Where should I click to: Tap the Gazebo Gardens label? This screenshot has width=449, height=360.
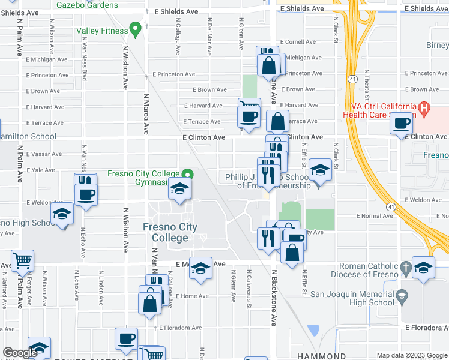click(87, 5)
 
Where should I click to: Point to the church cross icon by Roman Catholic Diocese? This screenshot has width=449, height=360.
click(406, 267)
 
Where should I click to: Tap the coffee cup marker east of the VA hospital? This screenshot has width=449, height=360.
click(402, 124)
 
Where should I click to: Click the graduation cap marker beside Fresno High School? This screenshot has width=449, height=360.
click(61, 214)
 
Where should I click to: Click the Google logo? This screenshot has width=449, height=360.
click(20, 353)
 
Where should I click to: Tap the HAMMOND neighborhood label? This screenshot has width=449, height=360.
click(321, 356)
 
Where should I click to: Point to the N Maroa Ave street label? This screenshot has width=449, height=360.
click(145, 113)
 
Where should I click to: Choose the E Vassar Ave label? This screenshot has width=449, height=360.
click(44, 154)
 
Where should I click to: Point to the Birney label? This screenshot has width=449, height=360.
click(437, 46)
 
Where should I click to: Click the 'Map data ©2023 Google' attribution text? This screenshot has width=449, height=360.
click(411, 355)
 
